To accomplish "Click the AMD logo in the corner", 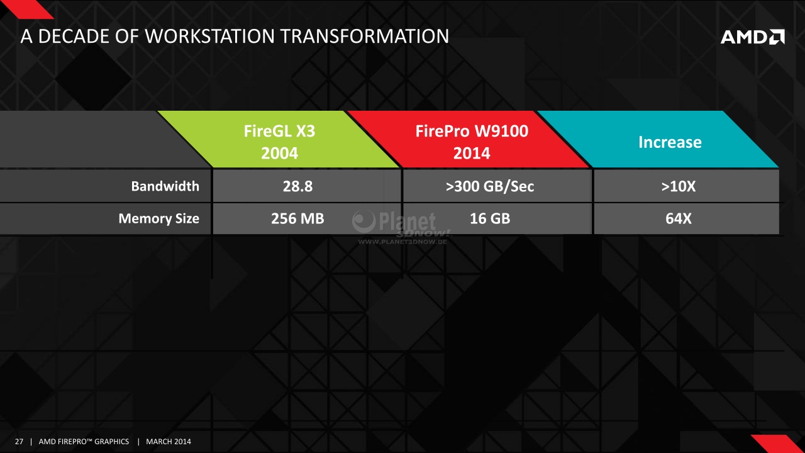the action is [753, 36].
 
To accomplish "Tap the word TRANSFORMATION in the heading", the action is [364, 36].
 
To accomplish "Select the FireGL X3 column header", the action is [279, 140].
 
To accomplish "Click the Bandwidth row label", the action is [165, 186].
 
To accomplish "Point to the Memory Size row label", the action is [159, 218].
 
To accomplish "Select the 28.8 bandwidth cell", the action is [297, 186].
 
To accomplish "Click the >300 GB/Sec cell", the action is [490, 186].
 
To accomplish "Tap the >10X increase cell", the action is [679, 186].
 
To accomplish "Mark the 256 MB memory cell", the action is [297, 218].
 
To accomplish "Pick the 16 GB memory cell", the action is [490, 218].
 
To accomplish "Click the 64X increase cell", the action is [679, 218].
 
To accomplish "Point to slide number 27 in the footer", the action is [19, 442].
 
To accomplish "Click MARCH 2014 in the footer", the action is [169, 442].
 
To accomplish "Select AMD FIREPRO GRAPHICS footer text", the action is [84, 442].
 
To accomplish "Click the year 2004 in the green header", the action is [279, 153].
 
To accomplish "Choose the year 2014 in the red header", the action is [472, 153].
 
